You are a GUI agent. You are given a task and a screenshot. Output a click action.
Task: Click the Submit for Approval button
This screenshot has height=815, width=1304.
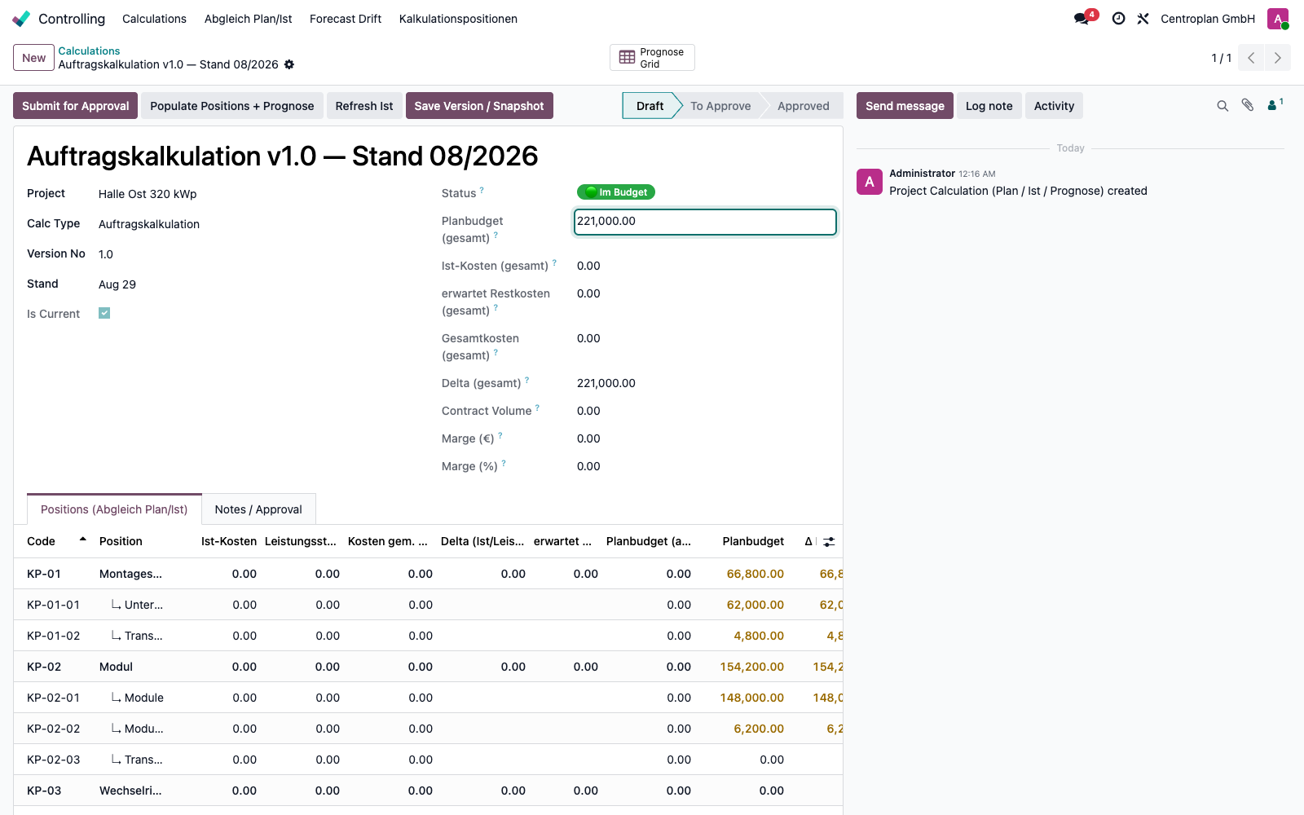click(x=75, y=106)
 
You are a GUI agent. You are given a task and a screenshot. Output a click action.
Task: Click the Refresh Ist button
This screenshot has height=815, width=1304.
click(x=363, y=106)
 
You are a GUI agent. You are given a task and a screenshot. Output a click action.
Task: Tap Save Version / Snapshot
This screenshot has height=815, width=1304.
click(x=479, y=106)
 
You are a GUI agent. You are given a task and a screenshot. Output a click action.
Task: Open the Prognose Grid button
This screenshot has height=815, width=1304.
click(x=652, y=58)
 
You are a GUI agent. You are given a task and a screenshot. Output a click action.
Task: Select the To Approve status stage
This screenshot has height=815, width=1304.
click(x=720, y=106)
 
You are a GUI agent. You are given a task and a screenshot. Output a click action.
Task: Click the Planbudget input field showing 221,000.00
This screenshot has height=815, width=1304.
click(x=705, y=222)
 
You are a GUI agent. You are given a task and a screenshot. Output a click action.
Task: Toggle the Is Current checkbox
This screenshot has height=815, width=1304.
click(x=104, y=313)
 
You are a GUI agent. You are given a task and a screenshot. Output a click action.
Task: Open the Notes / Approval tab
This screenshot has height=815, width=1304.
click(x=258, y=509)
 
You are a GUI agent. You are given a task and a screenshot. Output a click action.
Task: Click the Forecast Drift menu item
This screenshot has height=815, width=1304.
click(x=346, y=19)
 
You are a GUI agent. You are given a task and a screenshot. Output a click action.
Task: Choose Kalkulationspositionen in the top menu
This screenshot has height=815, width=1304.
click(x=458, y=19)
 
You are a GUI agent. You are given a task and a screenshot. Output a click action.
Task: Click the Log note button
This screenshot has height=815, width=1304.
click(x=989, y=106)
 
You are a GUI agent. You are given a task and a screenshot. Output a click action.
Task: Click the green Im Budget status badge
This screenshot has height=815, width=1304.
click(x=616, y=192)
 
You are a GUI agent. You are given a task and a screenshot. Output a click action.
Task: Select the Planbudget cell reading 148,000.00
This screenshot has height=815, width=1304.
click(x=751, y=698)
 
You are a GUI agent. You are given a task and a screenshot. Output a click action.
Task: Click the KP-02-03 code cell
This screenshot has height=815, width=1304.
click(x=53, y=759)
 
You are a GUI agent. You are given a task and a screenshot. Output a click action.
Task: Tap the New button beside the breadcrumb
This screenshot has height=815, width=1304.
click(x=33, y=58)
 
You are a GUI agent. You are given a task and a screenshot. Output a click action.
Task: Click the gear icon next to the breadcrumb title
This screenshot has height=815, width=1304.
click(x=289, y=64)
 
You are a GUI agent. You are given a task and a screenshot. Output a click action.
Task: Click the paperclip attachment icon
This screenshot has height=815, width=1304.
click(x=1248, y=105)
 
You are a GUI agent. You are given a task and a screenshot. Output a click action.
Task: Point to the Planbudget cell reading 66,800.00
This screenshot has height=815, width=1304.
click(x=755, y=574)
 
